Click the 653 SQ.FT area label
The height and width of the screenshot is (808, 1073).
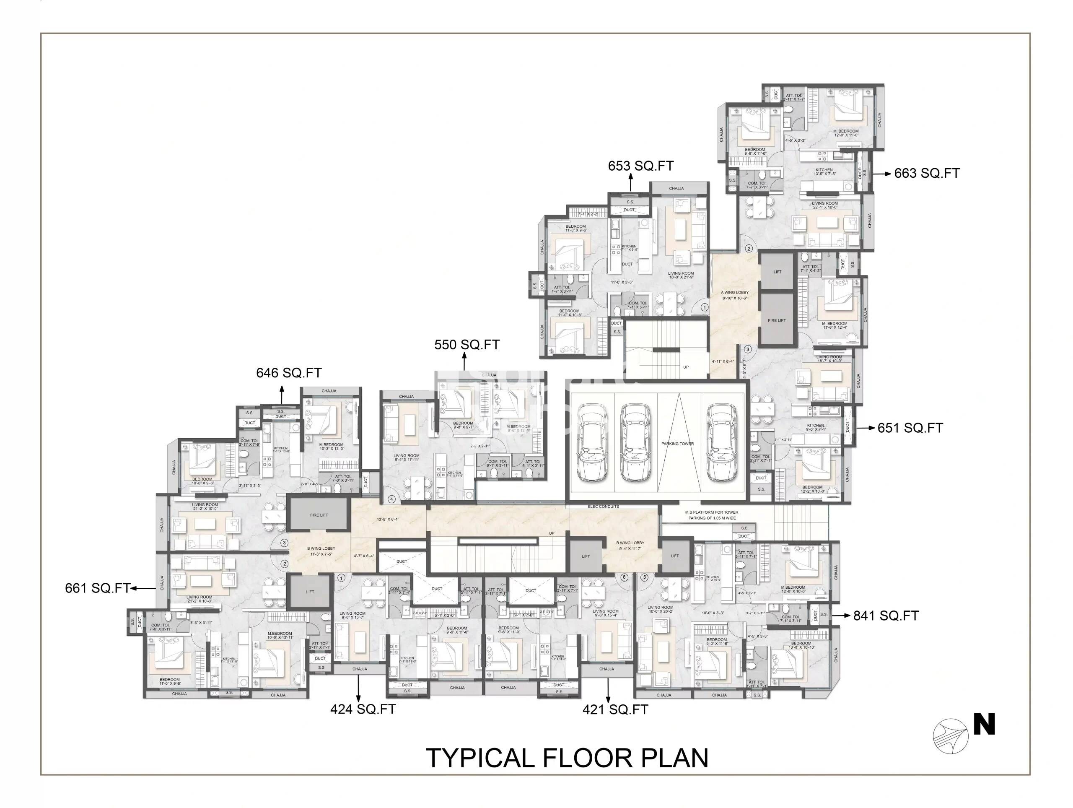640,166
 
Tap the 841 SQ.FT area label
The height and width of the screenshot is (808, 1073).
885,616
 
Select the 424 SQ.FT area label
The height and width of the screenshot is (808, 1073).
363,709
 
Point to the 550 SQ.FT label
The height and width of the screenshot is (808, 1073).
467,345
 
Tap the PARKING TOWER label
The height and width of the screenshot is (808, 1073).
677,444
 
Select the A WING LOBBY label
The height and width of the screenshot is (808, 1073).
734,293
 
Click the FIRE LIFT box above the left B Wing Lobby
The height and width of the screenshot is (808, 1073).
319,515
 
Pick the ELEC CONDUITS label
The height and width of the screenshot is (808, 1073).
603,507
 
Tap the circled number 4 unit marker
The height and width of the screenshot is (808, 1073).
391,499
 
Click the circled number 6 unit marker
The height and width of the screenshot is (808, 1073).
624,577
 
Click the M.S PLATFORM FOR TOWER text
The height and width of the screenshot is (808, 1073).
711,512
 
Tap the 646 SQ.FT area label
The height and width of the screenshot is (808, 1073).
289,373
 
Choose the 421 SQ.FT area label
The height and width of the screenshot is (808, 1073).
614,709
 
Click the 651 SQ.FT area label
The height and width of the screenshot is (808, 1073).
910,428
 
